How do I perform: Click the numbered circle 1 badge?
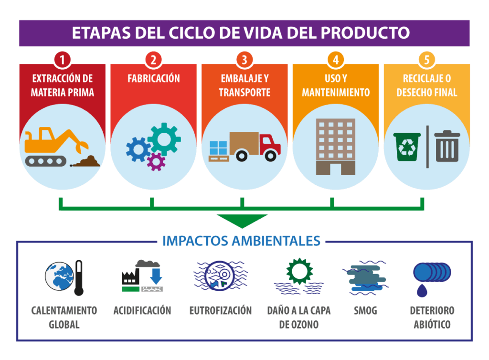(62, 61)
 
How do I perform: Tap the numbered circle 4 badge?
(336, 61)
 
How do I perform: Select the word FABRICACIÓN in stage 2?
(153, 78)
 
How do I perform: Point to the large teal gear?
(164, 138)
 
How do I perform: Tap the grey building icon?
(335, 146)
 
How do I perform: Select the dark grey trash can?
(447, 146)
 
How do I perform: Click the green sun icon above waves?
(299, 271)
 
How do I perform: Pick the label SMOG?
(365, 311)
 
